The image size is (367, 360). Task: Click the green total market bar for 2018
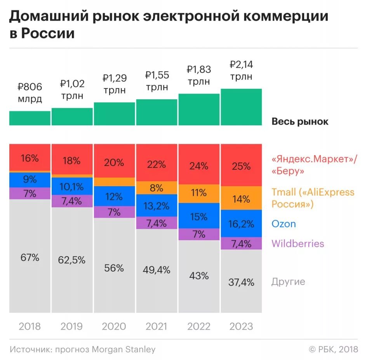[30, 118]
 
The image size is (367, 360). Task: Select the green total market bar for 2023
[241, 107]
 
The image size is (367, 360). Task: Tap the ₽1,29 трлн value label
[114, 84]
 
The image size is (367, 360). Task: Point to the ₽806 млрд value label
[30, 93]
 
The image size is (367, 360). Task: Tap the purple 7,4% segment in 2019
[72, 201]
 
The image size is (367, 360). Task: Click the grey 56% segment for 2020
[114, 268]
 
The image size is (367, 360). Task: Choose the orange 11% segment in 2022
[199, 192]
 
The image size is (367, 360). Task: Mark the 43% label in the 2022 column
[199, 276]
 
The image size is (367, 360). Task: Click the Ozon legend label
[284, 224]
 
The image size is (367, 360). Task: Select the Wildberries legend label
[297, 244]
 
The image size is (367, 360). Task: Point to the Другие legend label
[288, 282]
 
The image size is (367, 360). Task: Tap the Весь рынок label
[300, 121]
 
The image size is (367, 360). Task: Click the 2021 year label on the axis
[157, 326]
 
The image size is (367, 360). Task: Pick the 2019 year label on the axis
[72, 326]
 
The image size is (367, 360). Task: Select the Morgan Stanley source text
[123, 349]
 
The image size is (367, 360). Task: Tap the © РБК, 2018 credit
[333, 349]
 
